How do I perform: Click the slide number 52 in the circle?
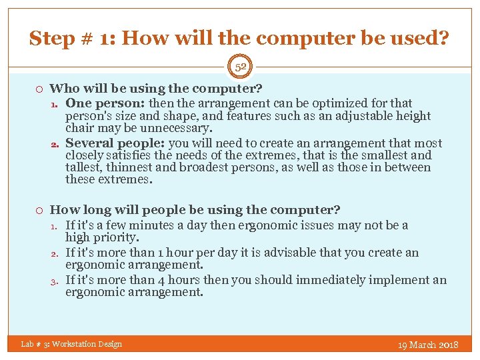(x=240, y=67)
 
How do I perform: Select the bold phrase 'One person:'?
(x=105, y=103)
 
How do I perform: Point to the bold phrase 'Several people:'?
(x=116, y=143)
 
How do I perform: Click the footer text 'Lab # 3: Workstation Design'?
(x=71, y=344)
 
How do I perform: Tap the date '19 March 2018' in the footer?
(x=428, y=345)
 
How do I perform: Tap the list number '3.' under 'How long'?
(x=56, y=281)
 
